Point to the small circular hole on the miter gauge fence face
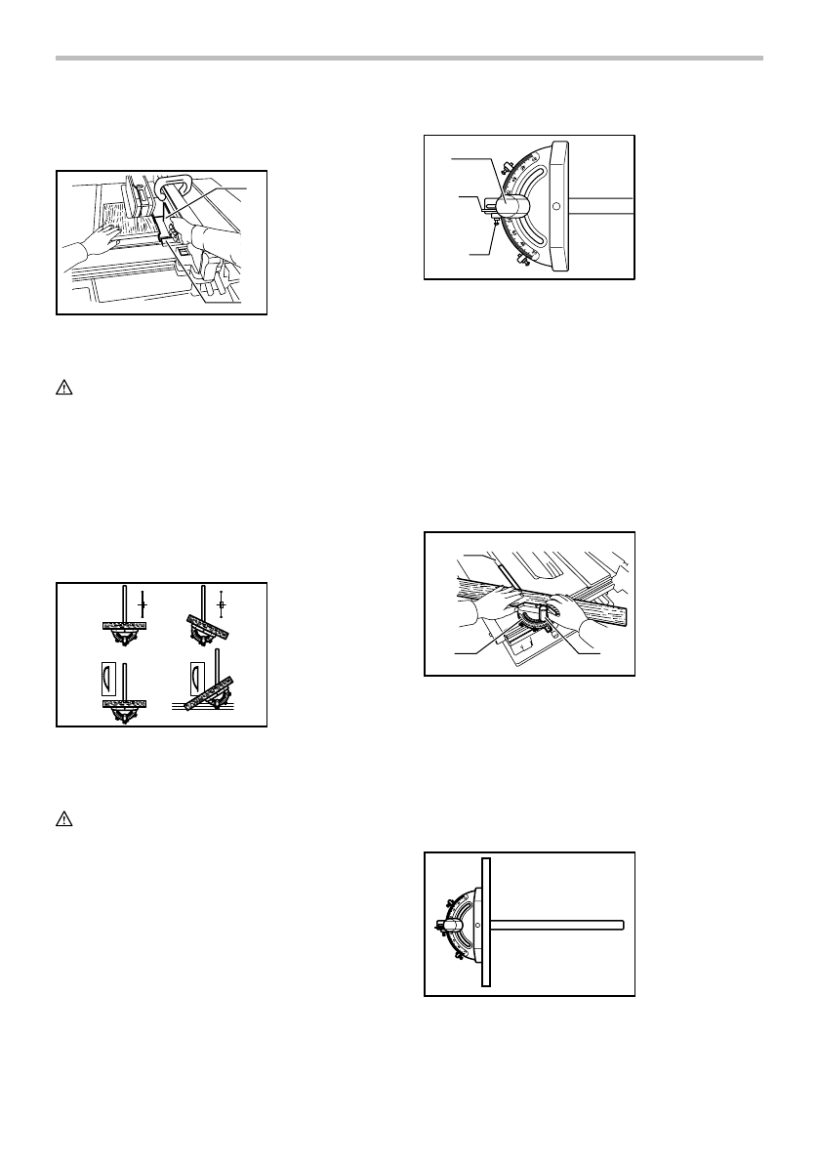coord(555,207)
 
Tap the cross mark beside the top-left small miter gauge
coord(143,605)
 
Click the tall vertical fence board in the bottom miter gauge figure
coord(485,923)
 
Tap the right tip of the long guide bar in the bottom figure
coord(620,924)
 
